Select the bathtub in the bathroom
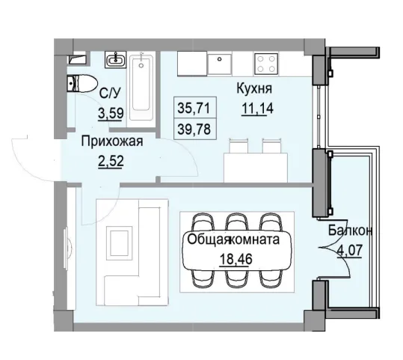pos(143,86)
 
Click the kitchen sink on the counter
pos(221,64)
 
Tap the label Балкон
pos(351,232)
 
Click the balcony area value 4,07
pos(351,247)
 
